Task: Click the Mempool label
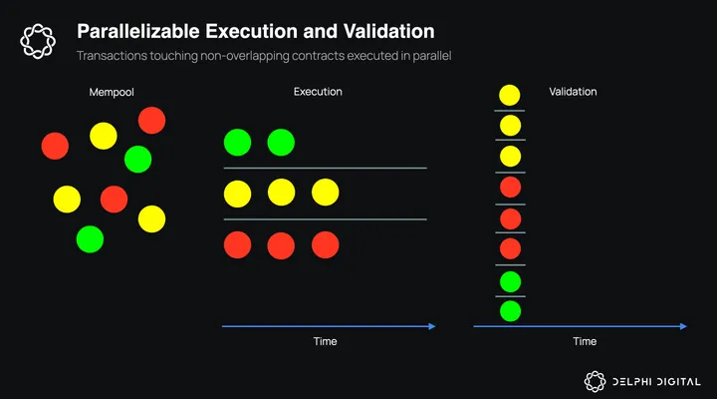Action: [112, 92]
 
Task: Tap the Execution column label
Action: [318, 92]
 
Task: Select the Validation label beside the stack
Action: [573, 92]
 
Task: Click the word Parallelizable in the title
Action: [138, 32]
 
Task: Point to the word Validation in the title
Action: [388, 32]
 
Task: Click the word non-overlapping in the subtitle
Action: [245, 56]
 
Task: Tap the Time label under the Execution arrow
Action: [325, 341]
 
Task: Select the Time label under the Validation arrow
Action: [585, 341]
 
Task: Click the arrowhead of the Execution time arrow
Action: [432, 326]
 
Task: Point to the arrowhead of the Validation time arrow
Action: [683, 326]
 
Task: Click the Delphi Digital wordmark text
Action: [656, 382]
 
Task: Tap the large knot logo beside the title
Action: [38, 41]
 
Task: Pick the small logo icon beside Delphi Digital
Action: [595, 382]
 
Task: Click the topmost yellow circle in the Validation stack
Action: [510, 96]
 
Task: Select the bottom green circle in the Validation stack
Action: [510, 311]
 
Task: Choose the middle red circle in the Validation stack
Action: [510, 219]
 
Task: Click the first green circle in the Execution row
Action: [237, 143]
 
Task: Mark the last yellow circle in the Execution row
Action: [325, 193]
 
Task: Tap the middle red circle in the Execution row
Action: [281, 245]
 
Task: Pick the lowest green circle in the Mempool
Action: [90, 239]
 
